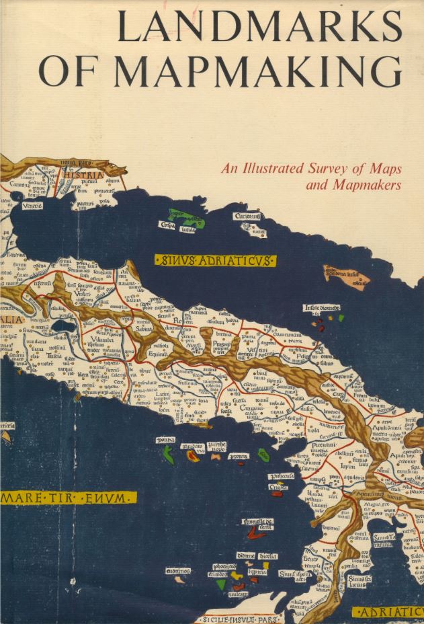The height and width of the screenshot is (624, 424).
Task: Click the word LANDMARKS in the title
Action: [x=259, y=28]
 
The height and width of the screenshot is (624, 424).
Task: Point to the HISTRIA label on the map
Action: [x=85, y=176]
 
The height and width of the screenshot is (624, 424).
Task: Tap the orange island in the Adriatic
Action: [x=345, y=274]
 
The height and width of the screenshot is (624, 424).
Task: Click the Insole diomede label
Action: [x=322, y=309]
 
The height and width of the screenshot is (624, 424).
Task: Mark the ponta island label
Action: [x=166, y=440]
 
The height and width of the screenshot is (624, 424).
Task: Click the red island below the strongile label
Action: [x=256, y=533]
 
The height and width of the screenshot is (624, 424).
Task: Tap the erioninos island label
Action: [x=178, y=570]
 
